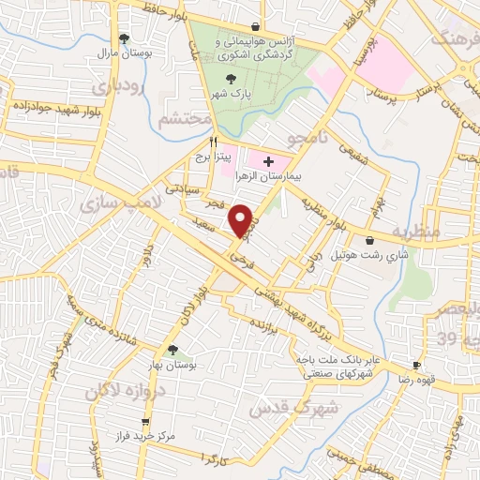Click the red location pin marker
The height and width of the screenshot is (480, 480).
tap(243, 219)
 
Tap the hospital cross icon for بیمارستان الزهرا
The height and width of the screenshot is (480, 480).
tap(269, 161)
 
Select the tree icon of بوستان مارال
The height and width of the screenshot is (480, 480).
tap(124, 38)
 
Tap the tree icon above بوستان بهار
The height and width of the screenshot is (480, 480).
tap(172, 351)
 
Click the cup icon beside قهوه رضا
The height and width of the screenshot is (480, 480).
tap(416, 366)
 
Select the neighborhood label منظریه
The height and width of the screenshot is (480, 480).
tap(413, 230)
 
